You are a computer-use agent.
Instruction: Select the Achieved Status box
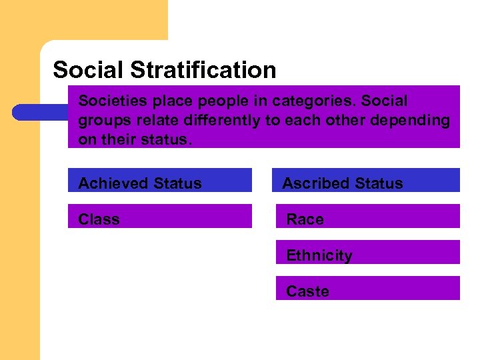[160, 181]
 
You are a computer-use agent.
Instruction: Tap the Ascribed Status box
[367, 181]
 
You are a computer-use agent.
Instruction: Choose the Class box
[160, 217]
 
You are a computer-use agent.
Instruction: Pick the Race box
[367, 217]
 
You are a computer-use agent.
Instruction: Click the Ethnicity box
[367, 253]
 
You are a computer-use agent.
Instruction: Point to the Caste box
[367, 289]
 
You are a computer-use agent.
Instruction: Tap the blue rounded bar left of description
[40, 112]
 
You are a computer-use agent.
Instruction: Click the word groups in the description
[101, 121]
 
